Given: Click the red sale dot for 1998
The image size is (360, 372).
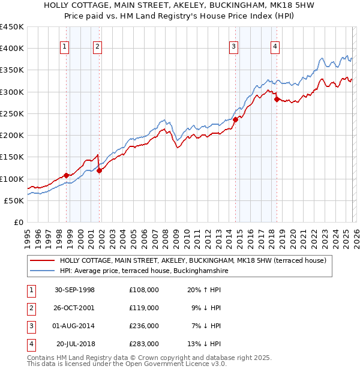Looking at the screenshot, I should (67, 175).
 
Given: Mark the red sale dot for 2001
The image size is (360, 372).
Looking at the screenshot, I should (99, 170).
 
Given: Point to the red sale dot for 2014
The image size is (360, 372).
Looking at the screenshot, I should (235, 119).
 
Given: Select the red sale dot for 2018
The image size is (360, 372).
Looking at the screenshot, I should (277, 99).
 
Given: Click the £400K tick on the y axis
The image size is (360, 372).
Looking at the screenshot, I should (12, 49).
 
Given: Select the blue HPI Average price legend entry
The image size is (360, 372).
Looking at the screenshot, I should (143, 271).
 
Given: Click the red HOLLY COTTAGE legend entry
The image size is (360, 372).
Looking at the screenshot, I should (193, 260).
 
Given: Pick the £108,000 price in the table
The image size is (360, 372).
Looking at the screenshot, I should (143, 289).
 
